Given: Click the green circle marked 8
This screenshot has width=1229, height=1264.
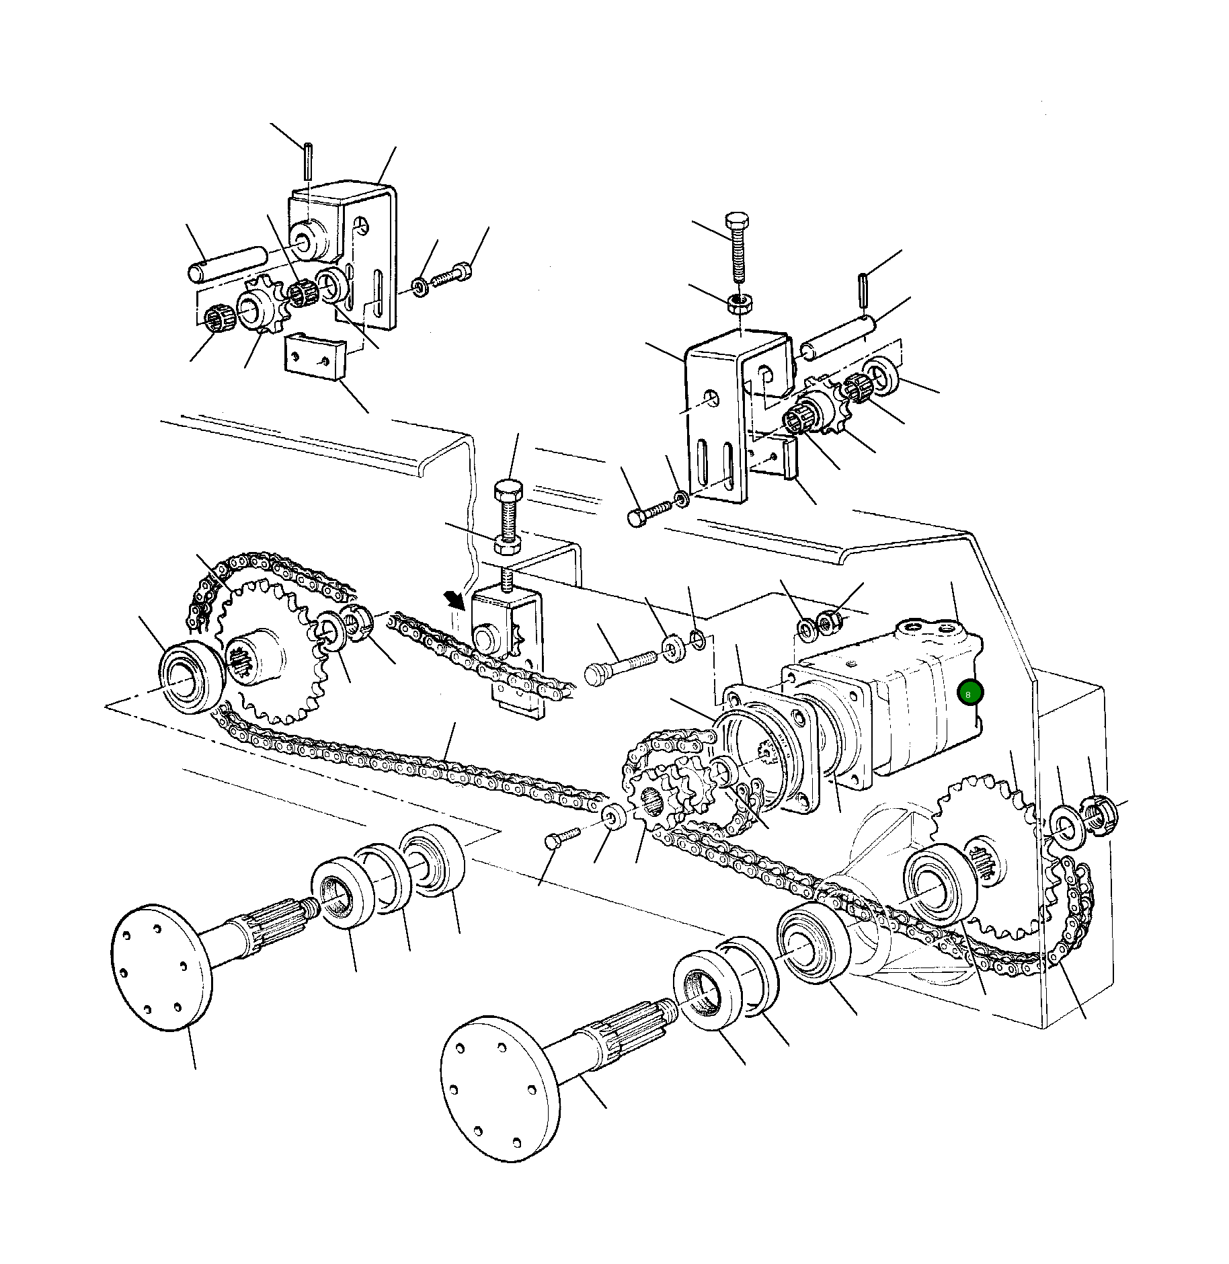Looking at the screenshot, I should tap(969, 693).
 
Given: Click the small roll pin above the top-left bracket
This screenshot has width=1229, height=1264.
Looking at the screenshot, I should tap(307, 159).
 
